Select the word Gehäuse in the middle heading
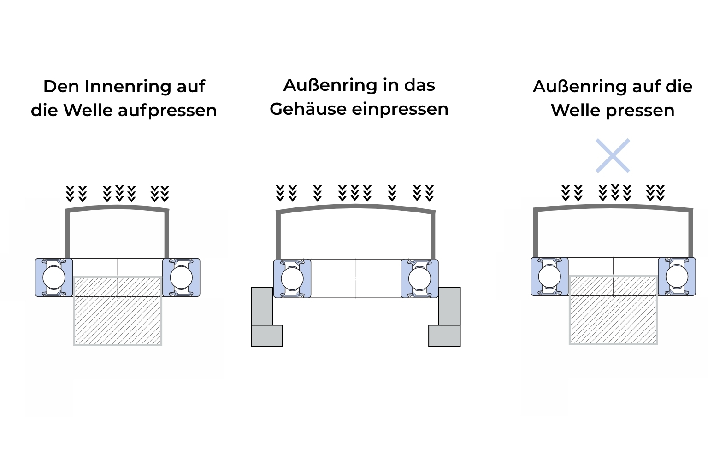[308, 110]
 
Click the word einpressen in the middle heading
[400, 110]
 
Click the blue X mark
[613, 155]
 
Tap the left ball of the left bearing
[54, 277]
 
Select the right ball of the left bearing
[182, 277]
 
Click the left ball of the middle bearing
[292, 279]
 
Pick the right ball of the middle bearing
[420, 279]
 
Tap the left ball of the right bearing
[549, 277]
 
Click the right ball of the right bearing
[677, 277]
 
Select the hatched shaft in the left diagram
[118, 311]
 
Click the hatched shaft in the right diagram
[613, 310]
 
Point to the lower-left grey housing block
[267, 336]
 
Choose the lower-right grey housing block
[444, 336]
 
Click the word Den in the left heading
[61, 87]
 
